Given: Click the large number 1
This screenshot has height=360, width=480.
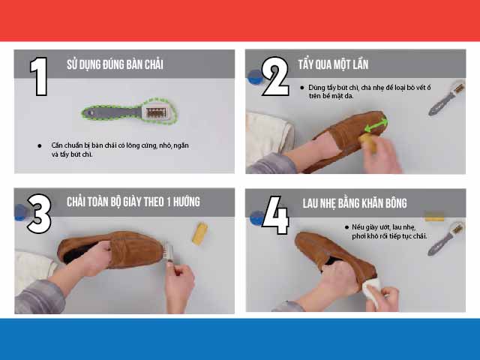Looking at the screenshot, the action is point(39,76).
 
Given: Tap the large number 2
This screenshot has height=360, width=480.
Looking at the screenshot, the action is point(275,76).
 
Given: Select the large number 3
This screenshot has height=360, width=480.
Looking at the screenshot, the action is point(39,214).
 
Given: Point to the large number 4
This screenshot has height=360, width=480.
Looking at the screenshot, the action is point(276,215).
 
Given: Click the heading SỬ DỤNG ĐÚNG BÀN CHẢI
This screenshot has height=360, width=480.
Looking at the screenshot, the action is point(115,64).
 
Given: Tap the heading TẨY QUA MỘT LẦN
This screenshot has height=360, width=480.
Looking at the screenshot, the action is point(333,64).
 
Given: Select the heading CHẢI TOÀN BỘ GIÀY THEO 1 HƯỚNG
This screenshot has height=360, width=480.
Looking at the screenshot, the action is point(133,202).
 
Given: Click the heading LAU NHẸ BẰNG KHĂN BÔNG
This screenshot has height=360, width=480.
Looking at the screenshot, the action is point(355,203).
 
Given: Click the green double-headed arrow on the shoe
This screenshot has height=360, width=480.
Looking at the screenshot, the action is point(376,124).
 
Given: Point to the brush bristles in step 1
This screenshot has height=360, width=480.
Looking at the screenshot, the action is point(156,112).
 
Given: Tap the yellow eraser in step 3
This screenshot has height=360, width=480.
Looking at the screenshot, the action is point(200,234).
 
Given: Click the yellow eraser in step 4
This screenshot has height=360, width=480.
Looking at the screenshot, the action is point(434,217).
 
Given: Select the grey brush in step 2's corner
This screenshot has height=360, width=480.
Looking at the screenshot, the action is point(447,98).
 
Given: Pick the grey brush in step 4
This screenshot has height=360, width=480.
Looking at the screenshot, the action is point(446,238).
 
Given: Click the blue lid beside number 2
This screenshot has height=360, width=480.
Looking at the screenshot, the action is point(255,76).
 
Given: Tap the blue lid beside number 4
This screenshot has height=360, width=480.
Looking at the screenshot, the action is point(257,218).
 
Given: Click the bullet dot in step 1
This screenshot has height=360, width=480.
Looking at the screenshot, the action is point(40,145).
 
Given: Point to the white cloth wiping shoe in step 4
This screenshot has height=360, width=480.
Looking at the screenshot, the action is point(372,292).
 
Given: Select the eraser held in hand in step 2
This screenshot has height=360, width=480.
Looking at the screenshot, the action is point(367,142).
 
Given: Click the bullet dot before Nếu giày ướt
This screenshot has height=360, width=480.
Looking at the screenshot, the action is point(346,227).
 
